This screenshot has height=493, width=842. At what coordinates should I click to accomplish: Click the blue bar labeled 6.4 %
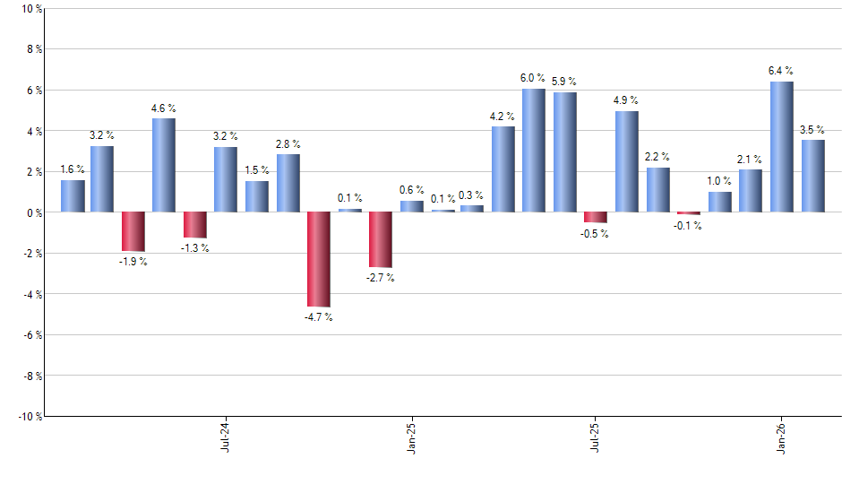pyautogui.click(x=781, y=147)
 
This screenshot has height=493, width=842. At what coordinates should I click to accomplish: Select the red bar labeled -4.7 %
pyautogui.click(x=318, y=259)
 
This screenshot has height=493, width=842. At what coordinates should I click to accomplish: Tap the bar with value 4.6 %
pyautogui.click(x=163, y=165)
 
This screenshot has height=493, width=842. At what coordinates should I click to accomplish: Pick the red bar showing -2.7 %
pyautogui.click(x=380, y=239)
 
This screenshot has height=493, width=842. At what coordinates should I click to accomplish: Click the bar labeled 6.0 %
pyautogui.click(x=533, y=151)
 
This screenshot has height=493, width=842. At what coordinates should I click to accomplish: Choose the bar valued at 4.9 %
pyautogui.click(x=626, y=161)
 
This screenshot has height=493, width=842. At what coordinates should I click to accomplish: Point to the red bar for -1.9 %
pyautogui.click(x=133, y=231)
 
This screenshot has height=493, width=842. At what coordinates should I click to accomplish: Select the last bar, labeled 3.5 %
pyautogui.click(x=812, y=176)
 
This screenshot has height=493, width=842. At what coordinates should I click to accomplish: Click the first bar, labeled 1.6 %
pyautogui.click(x=73, y=195)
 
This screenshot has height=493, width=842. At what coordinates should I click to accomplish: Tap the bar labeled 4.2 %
pyautogui.click(x=503, y=169)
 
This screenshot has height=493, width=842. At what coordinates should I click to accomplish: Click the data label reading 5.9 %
pyautogui.click(x=564, y=82)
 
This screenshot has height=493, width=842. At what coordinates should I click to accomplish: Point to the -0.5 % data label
pyautogui.click(x=595, y=234)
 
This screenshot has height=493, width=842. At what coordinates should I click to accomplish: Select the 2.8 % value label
pyautogui.click(x=288, y=143)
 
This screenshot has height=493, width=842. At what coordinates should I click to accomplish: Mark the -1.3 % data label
pyautogui.click(x=195, y=248)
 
